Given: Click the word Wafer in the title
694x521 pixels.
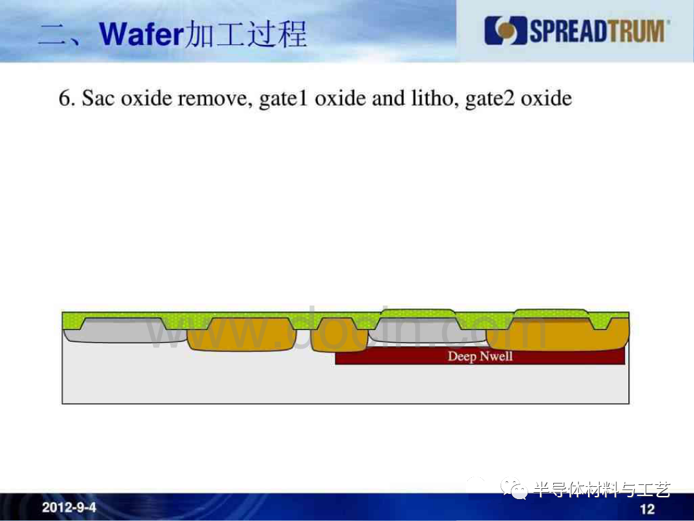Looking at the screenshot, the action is point(141,34).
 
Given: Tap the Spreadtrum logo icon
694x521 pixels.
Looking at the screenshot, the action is point(506,31).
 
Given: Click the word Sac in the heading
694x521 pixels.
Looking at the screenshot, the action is point(98,98).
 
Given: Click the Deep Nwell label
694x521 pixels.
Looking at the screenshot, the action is point(480,356).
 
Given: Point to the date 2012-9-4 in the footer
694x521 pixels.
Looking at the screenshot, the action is point(69,507).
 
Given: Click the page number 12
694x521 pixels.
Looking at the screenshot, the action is point(647,509).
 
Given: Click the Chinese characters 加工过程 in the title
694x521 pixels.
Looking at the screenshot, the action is point(245,34).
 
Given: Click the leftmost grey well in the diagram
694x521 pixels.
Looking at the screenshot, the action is point(125,331).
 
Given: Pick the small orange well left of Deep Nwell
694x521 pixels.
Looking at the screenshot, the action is point(339,336).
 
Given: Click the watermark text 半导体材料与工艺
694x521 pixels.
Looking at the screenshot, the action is point(602,489).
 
